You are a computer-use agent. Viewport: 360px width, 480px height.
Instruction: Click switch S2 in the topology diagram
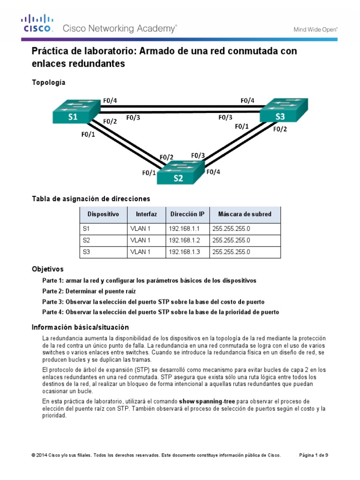pos(179,173)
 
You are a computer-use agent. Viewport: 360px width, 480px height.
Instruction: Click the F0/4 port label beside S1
pos(110,100)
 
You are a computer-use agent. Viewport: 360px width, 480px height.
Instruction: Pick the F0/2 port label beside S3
pos(280,129)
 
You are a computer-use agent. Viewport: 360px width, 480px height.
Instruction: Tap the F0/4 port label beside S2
pos(213,172)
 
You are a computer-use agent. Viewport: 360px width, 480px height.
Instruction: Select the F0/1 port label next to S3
pos(242,126)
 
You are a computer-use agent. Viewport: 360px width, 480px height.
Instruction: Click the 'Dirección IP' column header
pos(187,214)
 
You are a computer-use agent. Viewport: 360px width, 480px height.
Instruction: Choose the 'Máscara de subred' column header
pos(245,214)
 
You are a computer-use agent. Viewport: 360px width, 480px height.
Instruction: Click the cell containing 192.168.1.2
pos(187,240)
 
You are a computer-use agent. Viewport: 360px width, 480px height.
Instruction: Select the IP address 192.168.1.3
pos(187,252)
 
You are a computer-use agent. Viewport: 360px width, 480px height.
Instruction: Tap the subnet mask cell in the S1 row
pos(245,228)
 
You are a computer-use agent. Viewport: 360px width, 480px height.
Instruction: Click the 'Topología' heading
pos(48,82)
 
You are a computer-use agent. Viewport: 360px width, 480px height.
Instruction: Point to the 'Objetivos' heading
pos(47,269)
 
